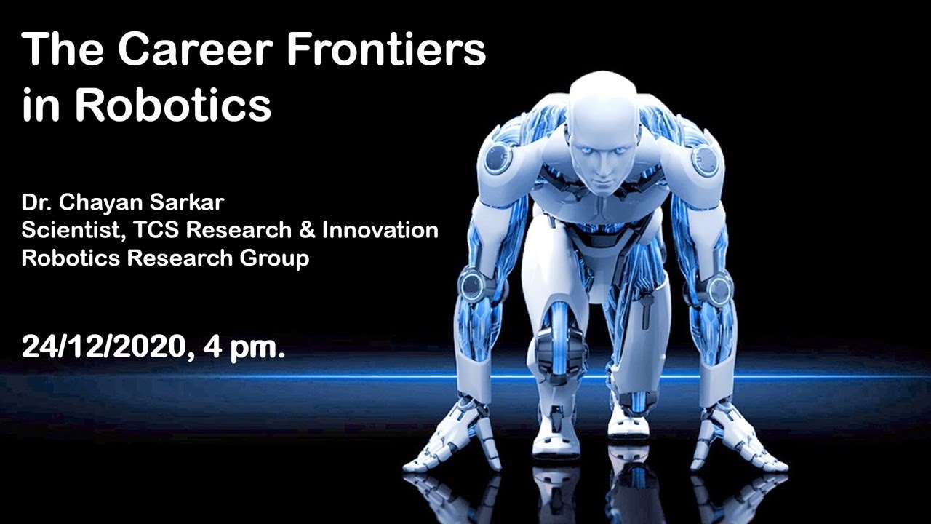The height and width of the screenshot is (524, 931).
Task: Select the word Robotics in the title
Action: tap(173, 106)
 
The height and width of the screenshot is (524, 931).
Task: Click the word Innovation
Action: tap(380, 230)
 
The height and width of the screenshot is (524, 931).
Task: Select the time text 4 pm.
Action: tap(244, 346)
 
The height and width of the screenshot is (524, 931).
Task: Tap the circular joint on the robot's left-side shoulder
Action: tap(498, 157)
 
